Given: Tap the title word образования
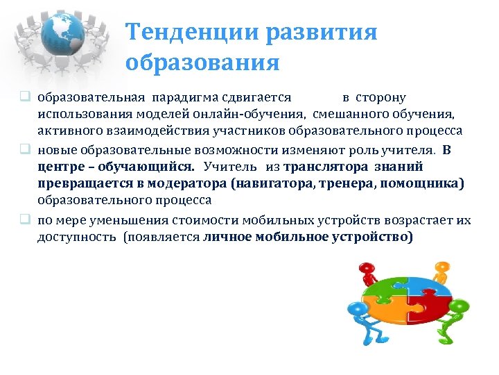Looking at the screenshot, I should [202, 63].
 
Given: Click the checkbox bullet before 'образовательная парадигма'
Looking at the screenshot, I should [24, 98].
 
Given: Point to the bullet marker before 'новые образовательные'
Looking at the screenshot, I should [24, 150].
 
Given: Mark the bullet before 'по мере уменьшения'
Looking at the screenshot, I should [24, 220].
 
